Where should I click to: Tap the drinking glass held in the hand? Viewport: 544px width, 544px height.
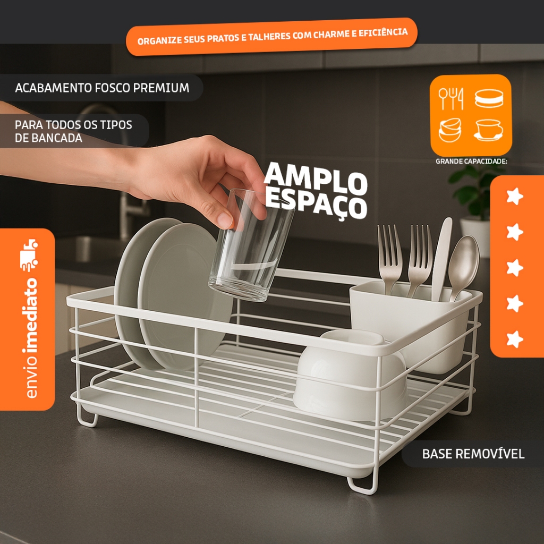coord(251,244)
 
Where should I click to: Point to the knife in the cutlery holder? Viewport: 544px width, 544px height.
coord(441,259)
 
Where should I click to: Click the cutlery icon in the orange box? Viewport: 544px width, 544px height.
coord(450,98)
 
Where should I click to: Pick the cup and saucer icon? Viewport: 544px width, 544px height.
coord(489,130)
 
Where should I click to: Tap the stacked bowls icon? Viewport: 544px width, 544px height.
coord(450,130)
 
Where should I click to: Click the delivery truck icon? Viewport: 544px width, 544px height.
coord(29,255)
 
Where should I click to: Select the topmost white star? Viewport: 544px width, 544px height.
coord(515,197)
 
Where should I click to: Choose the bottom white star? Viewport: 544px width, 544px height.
coord(515,339)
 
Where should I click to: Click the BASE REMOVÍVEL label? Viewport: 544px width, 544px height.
coord(473,454)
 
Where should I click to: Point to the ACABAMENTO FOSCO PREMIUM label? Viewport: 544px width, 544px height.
coord(103,88)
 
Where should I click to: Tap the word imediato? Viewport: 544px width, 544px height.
coord(31,315)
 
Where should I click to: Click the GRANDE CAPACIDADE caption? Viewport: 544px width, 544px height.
coord(471,161)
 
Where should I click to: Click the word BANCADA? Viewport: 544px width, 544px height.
coord(48,138)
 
